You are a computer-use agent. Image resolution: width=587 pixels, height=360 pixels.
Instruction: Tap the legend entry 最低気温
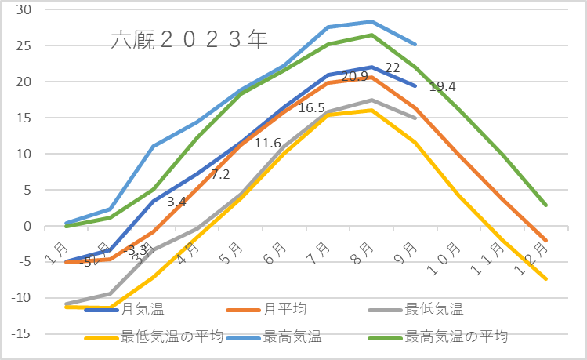click(x=431, y=310)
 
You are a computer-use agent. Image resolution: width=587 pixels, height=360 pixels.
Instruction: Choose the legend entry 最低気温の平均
click(x=172, y=337)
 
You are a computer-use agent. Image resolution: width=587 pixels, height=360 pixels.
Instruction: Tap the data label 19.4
click(x=443, y=86)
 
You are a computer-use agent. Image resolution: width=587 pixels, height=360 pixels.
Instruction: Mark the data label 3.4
click(x=176, y=202)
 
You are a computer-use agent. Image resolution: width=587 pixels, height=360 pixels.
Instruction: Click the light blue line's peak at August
click(x=371, y=22)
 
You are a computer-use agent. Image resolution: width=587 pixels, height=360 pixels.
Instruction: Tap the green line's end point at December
click(x=545, y=205)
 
